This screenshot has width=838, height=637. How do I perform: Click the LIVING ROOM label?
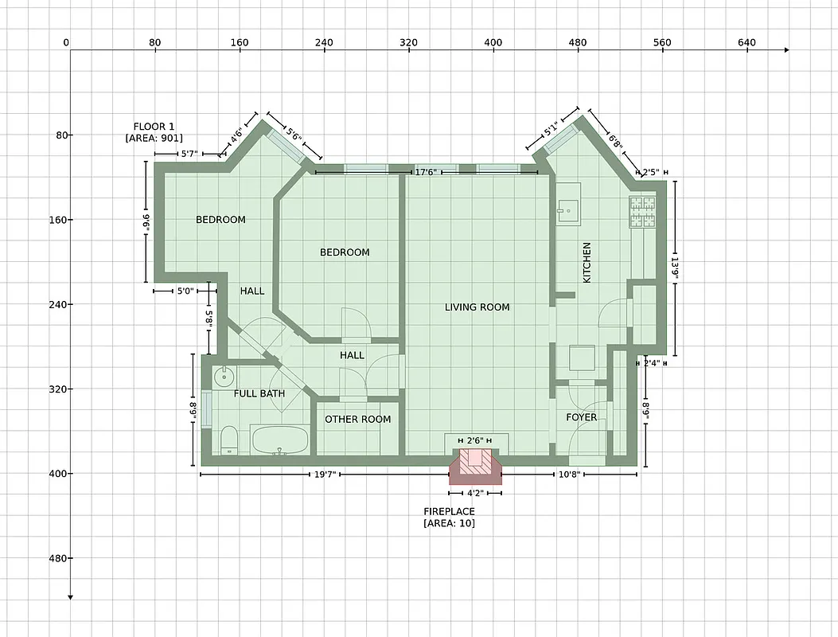[477, 307]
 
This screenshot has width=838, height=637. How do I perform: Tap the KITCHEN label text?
[587, 263]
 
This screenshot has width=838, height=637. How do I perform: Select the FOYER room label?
[581, 417]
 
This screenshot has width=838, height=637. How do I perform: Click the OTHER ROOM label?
[357, 420]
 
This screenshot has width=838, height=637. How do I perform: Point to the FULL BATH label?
[259, 393]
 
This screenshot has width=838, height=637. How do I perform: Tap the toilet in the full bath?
[228, 440]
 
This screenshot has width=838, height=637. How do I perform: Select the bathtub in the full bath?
[279, 440]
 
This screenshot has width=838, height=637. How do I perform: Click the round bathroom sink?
[223, 375]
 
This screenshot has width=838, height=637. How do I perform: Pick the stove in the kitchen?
[642, 213]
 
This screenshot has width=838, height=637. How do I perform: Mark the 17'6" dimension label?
[426, 172]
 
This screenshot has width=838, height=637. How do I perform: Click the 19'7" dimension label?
[325, 475]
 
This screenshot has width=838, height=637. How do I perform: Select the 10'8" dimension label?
[569, 475]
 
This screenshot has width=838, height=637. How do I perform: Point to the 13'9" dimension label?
[675, 268]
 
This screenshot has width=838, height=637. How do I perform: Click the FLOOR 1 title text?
[154, 127]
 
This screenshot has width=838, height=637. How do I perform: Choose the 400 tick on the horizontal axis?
[493, 43]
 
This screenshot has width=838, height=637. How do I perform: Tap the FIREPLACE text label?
[449, 511]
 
